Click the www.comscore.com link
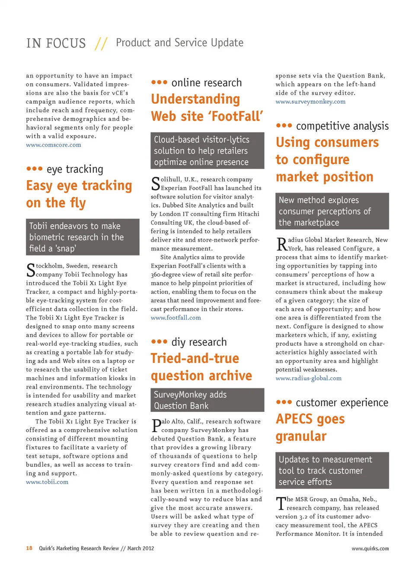pos(54,145)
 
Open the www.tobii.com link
pos(47,482)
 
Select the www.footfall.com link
pos(176,318)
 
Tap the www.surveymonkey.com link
pos(310,102)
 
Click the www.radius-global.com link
pos(309,378)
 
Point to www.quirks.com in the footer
pos(370,548)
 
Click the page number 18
pos(29,548)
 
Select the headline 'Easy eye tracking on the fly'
pos(79,194)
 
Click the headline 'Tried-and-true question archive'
pos(201,367)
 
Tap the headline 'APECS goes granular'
pos(310,427)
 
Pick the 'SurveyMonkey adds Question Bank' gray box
pos(207,400)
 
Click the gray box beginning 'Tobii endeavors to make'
pos(83,237)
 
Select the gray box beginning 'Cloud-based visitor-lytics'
pos(207,150)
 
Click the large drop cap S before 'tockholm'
pos(31,271)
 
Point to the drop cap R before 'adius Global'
pos(282,244)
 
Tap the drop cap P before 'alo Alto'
pos(156,426)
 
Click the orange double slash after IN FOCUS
pos(101,43)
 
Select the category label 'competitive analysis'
pos(342,126)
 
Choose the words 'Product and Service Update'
pos(179,43)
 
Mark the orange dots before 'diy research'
pos(159,341)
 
